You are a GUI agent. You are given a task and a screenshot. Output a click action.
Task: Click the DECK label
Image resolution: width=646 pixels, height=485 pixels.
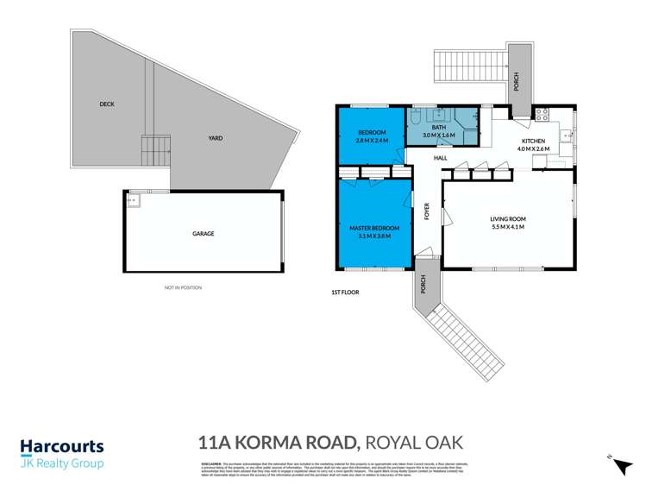pos(107,104)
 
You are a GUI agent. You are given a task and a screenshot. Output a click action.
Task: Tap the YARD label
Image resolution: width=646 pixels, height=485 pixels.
pos(215,138)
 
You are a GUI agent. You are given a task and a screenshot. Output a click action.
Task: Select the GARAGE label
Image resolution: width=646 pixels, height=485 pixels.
pos(203,234)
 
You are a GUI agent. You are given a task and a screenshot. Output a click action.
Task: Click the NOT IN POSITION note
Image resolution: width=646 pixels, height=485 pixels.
pos(183,287)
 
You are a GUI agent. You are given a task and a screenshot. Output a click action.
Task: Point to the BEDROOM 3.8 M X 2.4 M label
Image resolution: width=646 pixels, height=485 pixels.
pos(373,135)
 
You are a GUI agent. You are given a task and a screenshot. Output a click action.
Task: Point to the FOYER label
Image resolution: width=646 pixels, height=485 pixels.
pos(426,212)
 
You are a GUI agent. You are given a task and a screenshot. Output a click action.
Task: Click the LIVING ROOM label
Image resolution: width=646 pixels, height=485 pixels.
pos(508,224)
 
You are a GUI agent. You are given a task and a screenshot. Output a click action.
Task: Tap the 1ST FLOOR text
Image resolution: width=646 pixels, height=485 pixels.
pos(345,293)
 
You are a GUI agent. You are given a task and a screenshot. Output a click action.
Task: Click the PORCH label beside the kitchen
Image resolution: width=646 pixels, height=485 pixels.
pos(516,82)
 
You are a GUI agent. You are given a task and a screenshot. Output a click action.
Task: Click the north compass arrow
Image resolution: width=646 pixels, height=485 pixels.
pos(619,465)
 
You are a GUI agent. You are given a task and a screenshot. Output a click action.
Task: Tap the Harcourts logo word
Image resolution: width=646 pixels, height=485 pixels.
pos(62,448)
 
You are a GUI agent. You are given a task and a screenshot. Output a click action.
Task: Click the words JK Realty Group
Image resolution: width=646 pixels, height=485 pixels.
pos(62,464)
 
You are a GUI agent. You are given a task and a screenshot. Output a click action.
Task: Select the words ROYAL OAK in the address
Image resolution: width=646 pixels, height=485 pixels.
pos(414,444)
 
